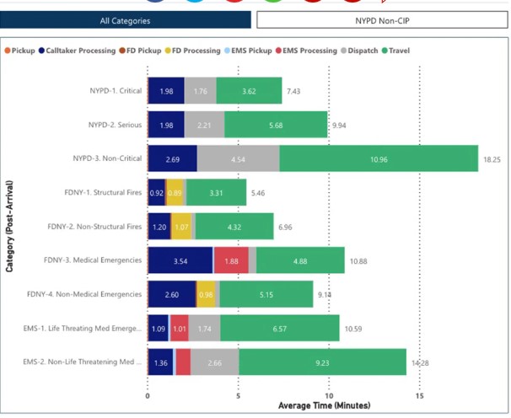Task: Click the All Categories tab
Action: tap(125, 20)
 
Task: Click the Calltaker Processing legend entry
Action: tap(79, 51)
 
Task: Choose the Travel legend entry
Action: tap(398, 51)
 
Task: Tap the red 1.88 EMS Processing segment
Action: tap(230, 260)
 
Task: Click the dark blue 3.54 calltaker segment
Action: tap(180, 260)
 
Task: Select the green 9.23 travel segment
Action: tap(322, 362)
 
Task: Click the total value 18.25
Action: tap(492, 158)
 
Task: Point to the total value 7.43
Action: tap(293, 90)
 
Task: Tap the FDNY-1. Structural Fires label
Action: tap(102, 192)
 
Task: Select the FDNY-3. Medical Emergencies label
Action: tap(93, 260)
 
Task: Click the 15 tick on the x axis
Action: tap(420, 395)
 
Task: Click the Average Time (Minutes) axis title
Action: tap(325, 406)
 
